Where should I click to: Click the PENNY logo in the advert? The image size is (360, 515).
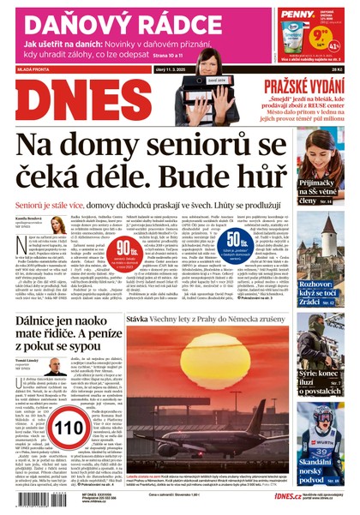coord(295,14)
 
